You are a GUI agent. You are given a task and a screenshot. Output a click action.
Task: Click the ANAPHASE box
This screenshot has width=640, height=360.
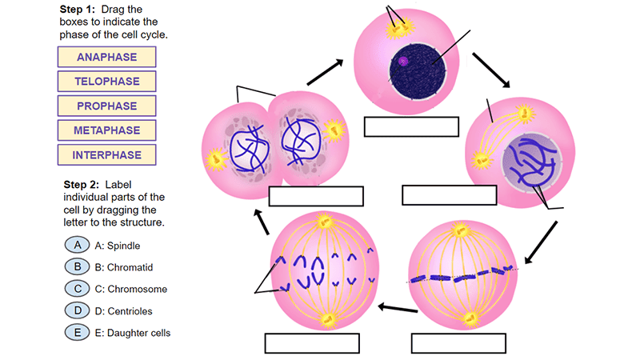[106, 57]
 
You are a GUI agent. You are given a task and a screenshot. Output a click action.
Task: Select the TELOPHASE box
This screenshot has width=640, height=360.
[106, 82]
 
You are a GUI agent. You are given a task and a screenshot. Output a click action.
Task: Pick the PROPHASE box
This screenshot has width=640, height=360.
[106, 106]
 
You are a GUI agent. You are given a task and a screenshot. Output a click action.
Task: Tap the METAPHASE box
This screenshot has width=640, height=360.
[106, 130]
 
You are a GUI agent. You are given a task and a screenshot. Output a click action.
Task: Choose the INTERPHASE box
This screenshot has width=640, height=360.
[106, 154]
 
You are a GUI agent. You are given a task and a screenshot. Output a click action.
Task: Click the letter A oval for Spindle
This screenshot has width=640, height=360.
[76, 246]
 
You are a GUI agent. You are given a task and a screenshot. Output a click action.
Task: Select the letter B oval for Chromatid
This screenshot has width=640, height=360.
[76, 267]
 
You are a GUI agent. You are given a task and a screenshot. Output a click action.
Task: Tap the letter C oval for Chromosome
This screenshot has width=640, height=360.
[76, 289]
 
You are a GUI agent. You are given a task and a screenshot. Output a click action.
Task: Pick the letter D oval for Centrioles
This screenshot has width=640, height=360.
[76, 310]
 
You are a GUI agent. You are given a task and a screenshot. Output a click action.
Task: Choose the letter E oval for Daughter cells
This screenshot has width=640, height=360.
[76, 332]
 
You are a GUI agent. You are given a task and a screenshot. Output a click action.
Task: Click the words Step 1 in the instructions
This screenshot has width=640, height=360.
[78, 9]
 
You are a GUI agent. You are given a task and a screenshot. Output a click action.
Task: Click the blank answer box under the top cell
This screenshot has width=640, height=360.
[410, 127]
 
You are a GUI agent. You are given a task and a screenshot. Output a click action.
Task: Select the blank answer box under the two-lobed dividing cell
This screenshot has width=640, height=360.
[316, 196]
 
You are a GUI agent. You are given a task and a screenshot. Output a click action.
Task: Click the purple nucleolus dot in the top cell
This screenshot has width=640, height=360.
[404, 60]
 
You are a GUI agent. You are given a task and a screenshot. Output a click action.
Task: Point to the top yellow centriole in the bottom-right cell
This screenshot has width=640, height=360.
[460, 230]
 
